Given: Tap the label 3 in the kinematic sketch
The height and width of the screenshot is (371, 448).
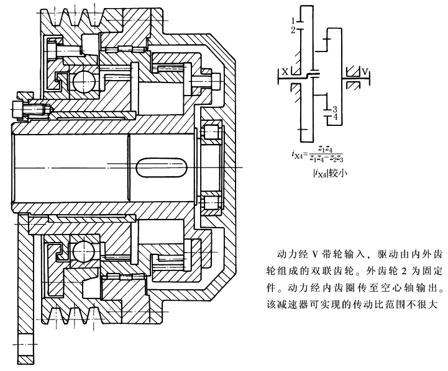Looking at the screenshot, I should click(334, 108).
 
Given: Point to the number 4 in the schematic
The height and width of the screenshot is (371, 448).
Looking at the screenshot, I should click(334, 117).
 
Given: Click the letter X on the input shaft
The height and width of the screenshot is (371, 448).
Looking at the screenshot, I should click(285, 71).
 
